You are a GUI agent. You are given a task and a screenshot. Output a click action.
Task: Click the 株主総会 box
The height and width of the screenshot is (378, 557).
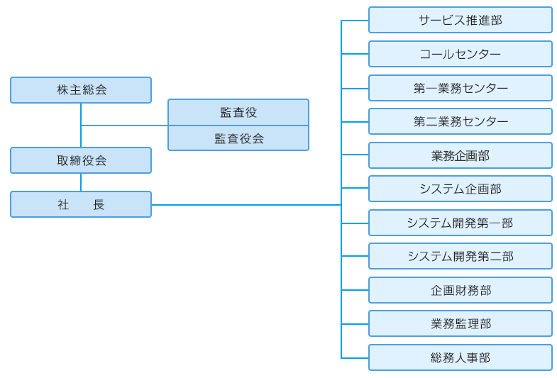(x=81, y=90)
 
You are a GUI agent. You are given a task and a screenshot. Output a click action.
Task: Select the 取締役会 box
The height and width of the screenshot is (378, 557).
(x=81, y=160)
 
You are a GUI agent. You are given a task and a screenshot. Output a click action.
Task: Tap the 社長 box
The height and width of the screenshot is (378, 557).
(x=81, y=204)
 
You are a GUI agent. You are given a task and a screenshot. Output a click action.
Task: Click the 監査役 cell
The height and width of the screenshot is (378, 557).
(x=238, y=112)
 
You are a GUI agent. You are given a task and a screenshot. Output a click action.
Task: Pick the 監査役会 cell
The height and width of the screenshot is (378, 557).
(x=238, y=138)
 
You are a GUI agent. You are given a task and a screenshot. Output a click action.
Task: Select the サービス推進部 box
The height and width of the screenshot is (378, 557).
(x=460, y=20)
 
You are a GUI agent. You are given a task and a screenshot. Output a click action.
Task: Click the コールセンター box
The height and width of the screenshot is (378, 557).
(x=460, y=54)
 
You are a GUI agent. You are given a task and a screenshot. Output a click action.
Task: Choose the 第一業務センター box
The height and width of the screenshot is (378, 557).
(x=460, y=88)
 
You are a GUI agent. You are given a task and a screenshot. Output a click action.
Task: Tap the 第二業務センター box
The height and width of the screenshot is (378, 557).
(x=460, y=121)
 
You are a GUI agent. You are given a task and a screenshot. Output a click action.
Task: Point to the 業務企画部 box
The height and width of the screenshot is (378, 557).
(x=460, y=155)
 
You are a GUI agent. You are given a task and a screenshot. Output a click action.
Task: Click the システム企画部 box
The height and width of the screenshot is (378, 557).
(x=460, y=189)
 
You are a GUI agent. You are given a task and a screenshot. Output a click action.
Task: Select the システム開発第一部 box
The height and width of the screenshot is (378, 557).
(x=460, y=223)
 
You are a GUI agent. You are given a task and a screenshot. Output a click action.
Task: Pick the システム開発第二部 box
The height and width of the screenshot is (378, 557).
(x=460, y=256)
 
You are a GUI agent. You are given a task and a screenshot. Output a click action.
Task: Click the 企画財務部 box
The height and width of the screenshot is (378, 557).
(x=460, y=290)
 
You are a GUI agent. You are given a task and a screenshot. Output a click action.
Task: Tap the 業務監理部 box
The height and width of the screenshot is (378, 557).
(x=460, y=323)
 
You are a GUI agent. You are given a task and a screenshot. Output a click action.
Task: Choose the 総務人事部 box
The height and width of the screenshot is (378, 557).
(x=460, y=357)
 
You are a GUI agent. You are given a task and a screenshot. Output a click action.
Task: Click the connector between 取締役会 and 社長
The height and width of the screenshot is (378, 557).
(x=81, y=182)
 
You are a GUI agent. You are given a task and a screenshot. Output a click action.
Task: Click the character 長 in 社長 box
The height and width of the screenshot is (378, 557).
(x=99, y=204)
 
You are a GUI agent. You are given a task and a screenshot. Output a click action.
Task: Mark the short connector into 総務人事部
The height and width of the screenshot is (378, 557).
(x=355, y=358)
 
